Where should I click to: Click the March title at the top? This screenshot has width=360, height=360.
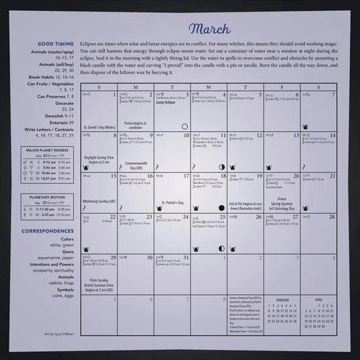tap(209, 29)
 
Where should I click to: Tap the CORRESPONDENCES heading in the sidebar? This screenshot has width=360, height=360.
tap(47, 231)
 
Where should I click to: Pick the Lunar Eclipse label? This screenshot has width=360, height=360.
tap(165, 103)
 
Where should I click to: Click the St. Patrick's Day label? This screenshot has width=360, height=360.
tap(172, 203)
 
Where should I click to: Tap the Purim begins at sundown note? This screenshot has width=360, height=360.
tap(134, 125)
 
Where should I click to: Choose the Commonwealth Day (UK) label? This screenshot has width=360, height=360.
tap(135, 165)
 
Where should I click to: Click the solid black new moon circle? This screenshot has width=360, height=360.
tap(221, 208)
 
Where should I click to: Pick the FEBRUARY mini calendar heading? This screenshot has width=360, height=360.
tap(282, 299)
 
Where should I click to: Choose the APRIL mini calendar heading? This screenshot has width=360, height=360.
tap(318, 299)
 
